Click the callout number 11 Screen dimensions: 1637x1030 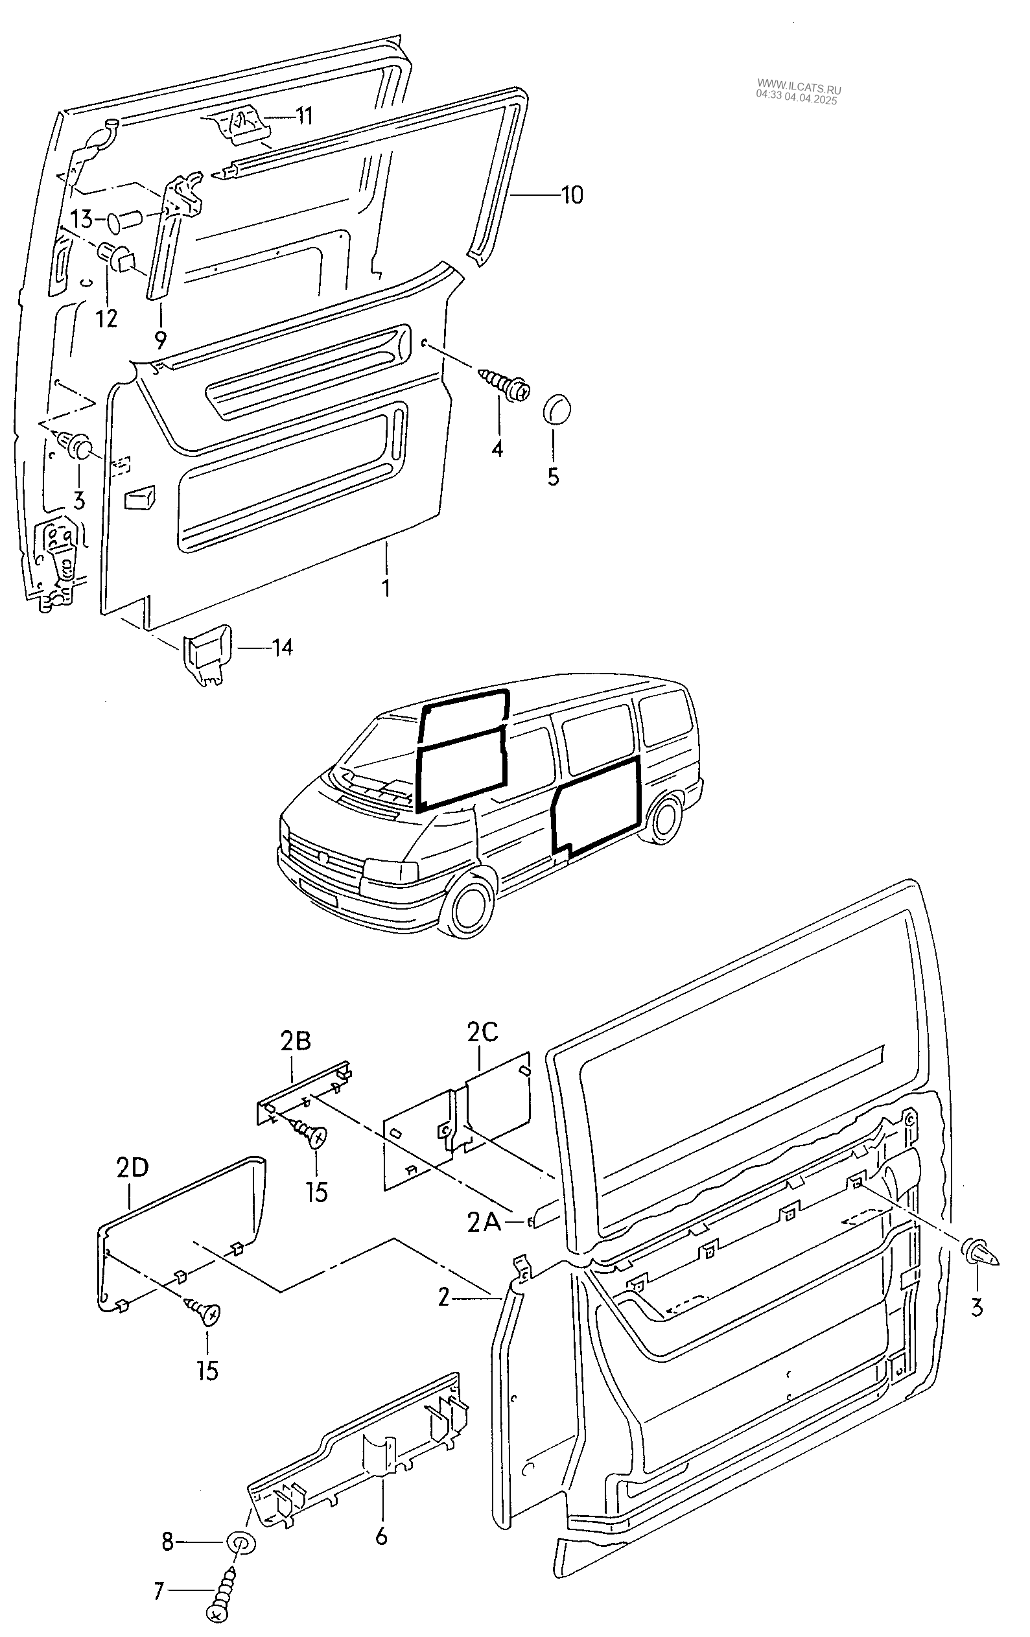pyautogui.click(x=303, y=116)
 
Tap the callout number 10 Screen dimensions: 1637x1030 pyautogui.click(x=572, y=196)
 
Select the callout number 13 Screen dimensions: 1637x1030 pyautogui.click(x=81, y=220)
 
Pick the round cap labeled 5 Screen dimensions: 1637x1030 pyautogui.click(x=557, y=409)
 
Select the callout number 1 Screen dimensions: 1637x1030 pyautogui.click(x=386, y=587)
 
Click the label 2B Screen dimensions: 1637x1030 pyautogui.click(x=295, y=1041)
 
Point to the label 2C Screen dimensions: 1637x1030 pyautogui.click(x=482, y=1032)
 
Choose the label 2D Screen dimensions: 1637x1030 pyautogui.click(x=132, y=1168)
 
